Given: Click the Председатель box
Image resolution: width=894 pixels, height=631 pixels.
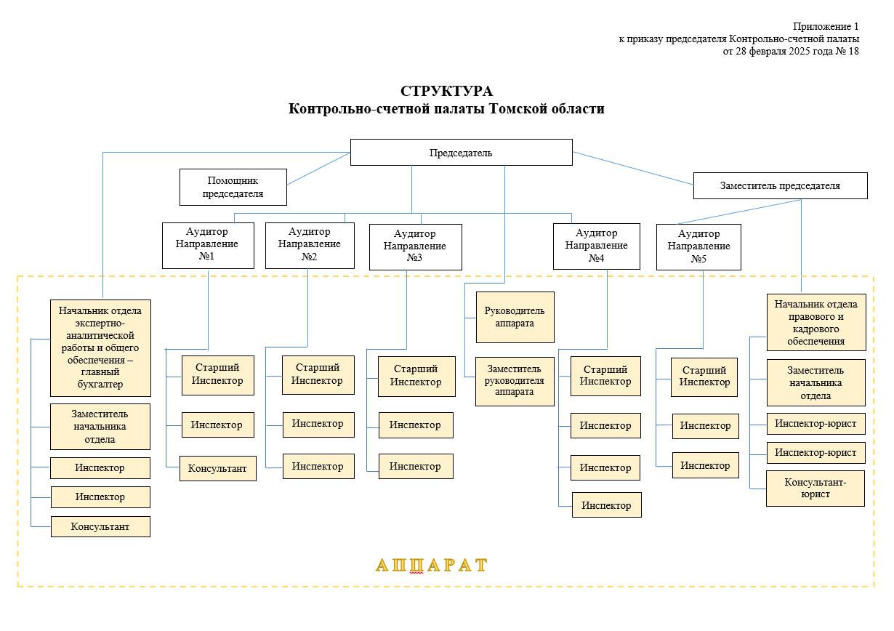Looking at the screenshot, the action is coord(461,152).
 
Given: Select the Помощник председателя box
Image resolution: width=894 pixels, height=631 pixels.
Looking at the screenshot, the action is coord(233,187).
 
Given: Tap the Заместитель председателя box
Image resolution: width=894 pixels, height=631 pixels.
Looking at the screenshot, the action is coord(781,185).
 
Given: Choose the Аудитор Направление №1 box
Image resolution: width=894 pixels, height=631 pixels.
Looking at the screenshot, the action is coord(208,246).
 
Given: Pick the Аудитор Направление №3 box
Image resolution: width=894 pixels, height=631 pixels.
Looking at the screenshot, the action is coord(416,247).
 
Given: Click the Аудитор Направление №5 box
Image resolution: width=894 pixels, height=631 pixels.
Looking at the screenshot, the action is coord(698,247).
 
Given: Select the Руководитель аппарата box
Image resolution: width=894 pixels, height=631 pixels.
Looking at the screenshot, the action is coord(515,317).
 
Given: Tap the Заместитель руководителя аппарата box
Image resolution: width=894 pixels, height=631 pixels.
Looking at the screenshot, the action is coord(515,382).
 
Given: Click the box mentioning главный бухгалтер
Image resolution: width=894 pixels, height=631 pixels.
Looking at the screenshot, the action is coord(100,348).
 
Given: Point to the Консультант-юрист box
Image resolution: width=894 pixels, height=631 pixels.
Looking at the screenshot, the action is coord(816,489).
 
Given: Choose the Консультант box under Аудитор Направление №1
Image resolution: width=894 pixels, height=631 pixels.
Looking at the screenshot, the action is coord(218,469).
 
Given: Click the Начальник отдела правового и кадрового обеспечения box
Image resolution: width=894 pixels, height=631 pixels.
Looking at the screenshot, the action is coord(816,323).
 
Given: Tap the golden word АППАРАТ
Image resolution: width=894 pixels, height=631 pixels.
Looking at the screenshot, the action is coord(432,565).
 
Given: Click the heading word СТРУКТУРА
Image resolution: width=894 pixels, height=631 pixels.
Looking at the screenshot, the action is coord(446,91).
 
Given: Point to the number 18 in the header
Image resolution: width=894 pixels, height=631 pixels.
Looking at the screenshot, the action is coord(853,51).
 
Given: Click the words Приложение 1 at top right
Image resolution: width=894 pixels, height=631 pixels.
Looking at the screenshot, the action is coord(826,26).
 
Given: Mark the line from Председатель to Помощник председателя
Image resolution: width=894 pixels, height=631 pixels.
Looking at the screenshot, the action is coord(318,169).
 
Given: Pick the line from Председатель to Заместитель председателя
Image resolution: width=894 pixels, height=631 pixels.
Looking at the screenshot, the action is coord(633,168).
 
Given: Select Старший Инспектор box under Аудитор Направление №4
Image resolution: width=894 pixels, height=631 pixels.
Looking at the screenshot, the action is coord(605,376).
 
